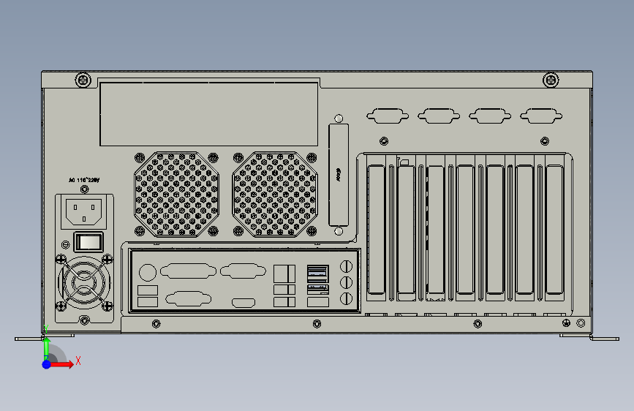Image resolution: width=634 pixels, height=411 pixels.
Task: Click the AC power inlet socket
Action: tap(85, 211)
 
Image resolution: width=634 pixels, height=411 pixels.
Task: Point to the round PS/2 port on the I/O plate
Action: tap(147, 272)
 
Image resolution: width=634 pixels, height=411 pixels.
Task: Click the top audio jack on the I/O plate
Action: tap(347, 265)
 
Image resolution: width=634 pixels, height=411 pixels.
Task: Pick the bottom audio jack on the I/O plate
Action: tap(347, 298)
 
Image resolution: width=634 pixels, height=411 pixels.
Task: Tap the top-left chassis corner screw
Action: tap(83, 80)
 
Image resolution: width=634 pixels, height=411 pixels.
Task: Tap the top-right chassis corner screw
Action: tap(551, 80)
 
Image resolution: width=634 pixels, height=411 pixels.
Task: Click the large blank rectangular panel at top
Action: tap(209, 113)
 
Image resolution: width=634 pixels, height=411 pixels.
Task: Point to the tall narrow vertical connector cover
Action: tap(339, 176)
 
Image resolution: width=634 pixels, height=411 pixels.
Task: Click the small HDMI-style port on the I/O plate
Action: tap(244, 302)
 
